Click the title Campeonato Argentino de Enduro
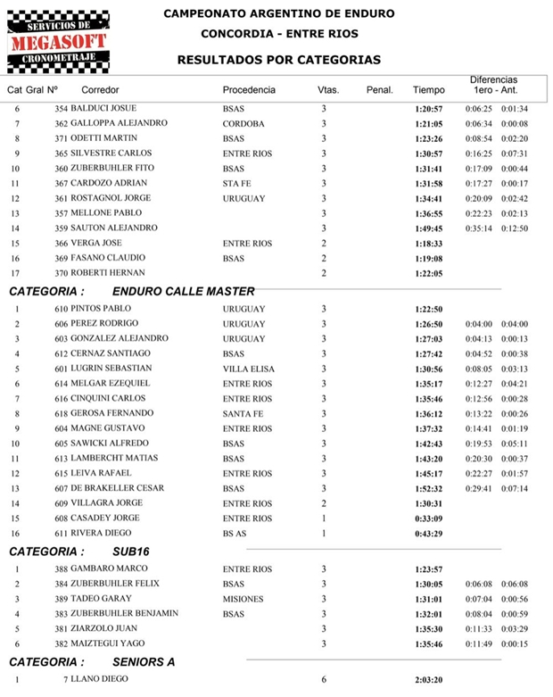tap(279, 14)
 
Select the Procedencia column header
tap(249, 90)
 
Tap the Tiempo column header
tap(428, 90)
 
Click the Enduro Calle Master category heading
tap(184, 291)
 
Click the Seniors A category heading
tap(144, 662)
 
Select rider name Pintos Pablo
tap(105, 309)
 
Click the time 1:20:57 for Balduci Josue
tap(429, 108)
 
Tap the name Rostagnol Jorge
tap(112, 198)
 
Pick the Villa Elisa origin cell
tap(249, 369)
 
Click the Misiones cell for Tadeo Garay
tap(243, 599)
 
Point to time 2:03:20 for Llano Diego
tap(429, 680)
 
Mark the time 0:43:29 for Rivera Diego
tap(429, 533)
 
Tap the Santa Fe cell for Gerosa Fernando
tap(243, 414)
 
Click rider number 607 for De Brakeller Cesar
tap(62, 488)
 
